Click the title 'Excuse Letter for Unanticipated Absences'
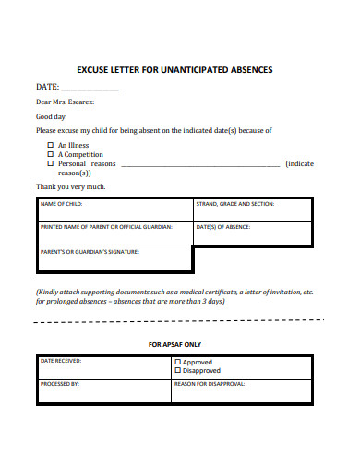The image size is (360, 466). (180, 69)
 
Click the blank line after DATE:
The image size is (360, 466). (90, 89)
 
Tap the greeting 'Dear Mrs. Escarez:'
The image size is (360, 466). (66, 102)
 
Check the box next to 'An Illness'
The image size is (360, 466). (50, 145)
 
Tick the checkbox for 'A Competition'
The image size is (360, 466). (50, 154)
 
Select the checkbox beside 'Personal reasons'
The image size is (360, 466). (50, 163)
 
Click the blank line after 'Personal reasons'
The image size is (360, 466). (200, 165)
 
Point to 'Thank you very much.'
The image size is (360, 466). (71, 186)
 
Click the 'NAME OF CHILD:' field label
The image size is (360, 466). (61, 204)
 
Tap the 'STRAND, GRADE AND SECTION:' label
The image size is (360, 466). (234, 204)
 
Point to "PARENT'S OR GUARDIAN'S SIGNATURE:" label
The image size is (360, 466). (89, 251)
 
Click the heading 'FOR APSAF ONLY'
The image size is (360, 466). (174, 345)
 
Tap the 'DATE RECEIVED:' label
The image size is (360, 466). (61, 362)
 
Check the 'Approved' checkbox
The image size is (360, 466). (178, 363)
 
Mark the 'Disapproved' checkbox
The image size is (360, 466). (178, 371)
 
